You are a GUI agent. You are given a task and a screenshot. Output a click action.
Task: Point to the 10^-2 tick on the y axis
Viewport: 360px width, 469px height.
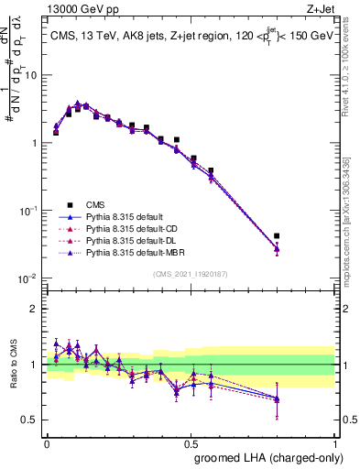coord(31,278)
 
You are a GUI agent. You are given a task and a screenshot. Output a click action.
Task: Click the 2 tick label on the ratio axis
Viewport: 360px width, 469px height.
coord(38,309)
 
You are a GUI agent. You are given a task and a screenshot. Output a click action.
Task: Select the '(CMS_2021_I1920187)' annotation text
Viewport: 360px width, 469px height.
coord(189,274)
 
